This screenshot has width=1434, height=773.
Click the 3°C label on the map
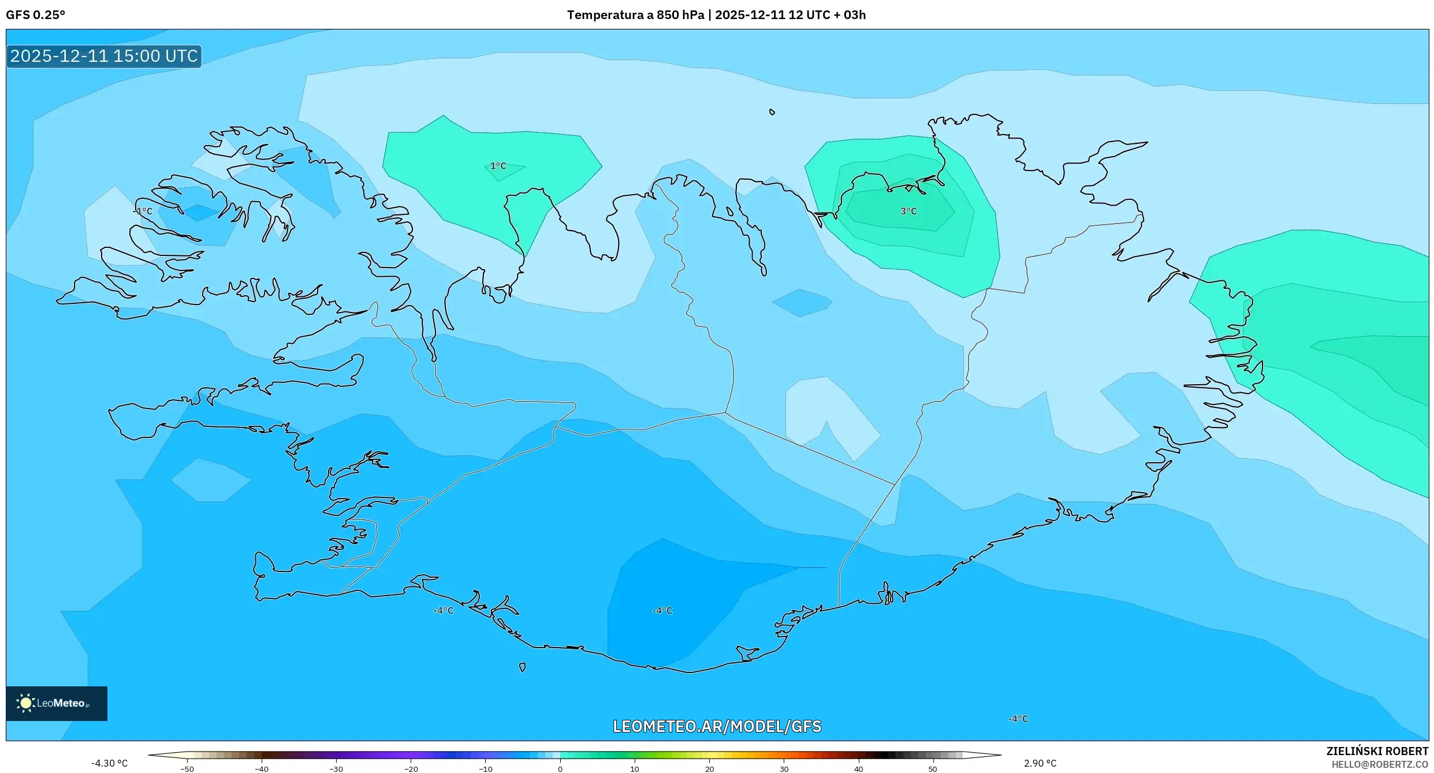908,211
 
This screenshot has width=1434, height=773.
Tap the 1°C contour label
498,166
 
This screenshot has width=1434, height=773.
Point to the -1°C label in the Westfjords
143,211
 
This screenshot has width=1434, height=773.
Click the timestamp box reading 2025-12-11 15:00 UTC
104,56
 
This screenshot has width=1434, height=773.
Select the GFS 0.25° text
35,15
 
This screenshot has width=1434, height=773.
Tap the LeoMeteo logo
57,703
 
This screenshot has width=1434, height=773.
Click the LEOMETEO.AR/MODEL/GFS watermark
717,726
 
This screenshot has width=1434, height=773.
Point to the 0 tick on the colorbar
560,769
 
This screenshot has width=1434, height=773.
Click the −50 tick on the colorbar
187,769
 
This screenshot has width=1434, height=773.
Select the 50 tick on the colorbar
933,769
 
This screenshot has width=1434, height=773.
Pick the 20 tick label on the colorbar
709,769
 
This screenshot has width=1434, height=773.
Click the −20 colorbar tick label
411,769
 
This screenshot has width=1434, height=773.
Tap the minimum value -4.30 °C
109,763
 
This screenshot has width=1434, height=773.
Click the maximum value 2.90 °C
1040,763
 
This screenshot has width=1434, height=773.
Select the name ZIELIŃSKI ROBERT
1377,751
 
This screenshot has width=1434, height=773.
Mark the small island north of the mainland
772,112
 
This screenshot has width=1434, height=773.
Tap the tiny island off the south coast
522,667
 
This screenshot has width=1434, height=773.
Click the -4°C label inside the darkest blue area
662,611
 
